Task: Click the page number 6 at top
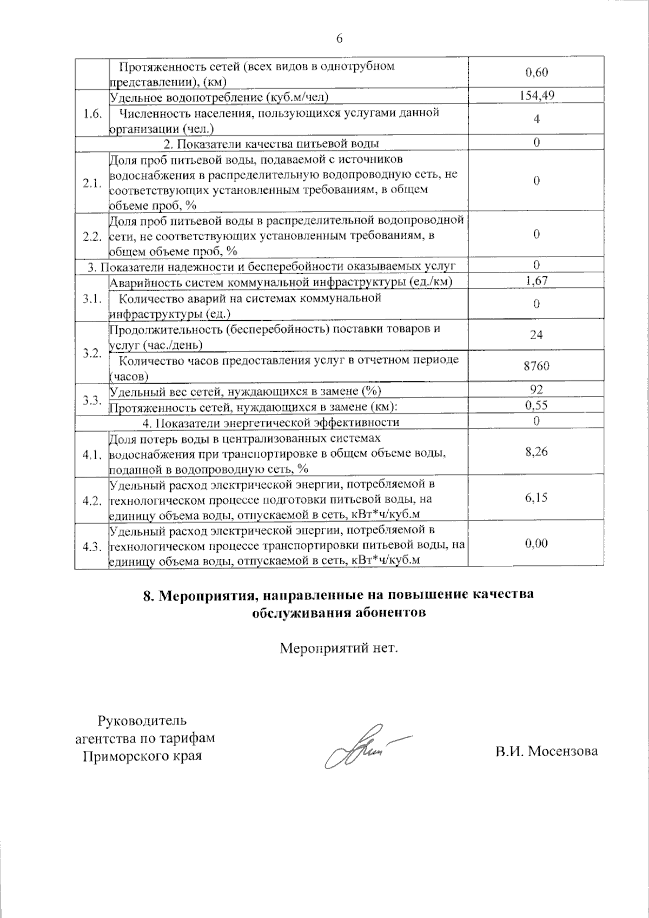(339, 38)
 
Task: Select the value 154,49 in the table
(536, 96)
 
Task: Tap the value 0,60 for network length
(536, 72)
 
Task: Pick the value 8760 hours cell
(536, 366)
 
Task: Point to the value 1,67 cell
(536, 280)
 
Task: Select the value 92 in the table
(536, 389)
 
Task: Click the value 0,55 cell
(536, 405)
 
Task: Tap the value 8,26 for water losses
(536, 452)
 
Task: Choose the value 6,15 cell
(536, 498)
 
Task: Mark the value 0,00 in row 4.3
(536, 544)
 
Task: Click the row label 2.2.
(92, 236)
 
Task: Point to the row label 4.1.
(92, 455)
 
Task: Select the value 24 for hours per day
(536, 335)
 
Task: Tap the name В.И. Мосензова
(546, 751)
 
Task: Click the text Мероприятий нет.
(339, 648)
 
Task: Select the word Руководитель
(142, 721)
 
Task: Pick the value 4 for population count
(536, 119)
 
